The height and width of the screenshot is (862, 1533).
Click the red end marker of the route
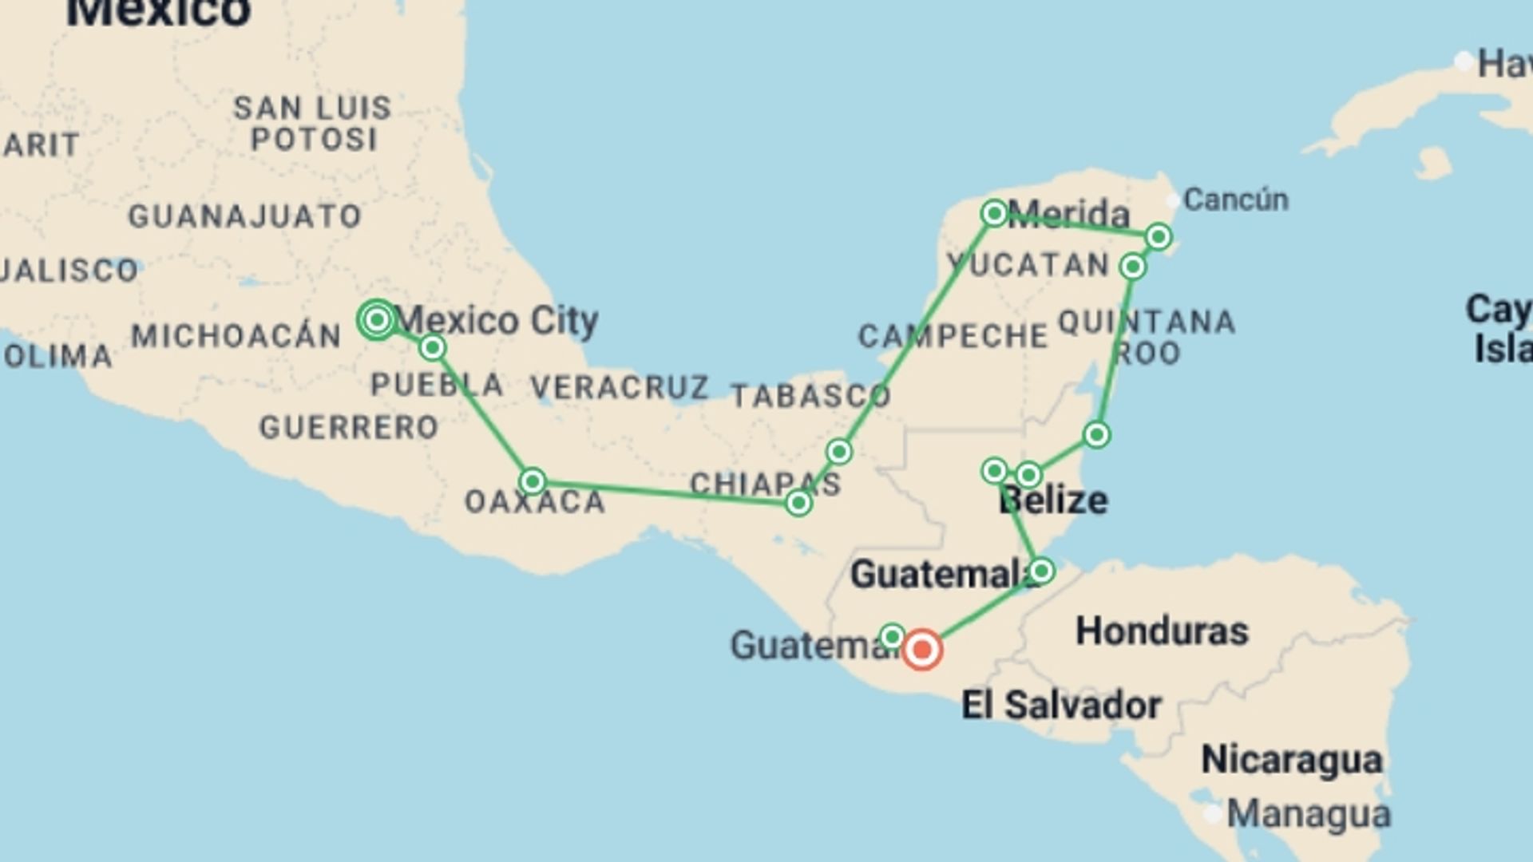coord(922,649)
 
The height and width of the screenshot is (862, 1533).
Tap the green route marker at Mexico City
coord(377,320)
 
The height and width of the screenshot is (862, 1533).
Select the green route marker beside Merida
coord(994,213)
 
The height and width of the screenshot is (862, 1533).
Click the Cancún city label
coord(1235,200)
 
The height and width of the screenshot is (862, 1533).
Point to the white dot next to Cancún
coord(1172,200)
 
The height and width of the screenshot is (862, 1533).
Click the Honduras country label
coord(1162,631)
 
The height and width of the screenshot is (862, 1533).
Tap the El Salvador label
coord(1061,706)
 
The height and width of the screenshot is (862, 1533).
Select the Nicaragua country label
coord(1292,759)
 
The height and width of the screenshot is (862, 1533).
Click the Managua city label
coord(1309,815)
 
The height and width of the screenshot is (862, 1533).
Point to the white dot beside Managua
coord(1213,814)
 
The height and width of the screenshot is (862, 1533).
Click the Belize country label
coord(1053,500)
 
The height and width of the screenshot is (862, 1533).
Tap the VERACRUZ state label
coord(620,387)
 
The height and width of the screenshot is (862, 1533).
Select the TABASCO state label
coord(810,396)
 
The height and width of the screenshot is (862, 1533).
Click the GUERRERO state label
coord(349,428)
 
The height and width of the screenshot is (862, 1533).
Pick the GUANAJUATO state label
coord(245,216)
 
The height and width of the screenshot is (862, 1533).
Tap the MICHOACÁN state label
coord(236,336)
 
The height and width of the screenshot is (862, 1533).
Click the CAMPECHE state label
coord(953,336)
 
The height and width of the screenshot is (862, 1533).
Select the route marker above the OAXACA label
coord(533,481)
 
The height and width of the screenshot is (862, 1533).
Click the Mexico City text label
coord(497,321)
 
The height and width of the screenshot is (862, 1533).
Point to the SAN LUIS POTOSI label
coord(313,124)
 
